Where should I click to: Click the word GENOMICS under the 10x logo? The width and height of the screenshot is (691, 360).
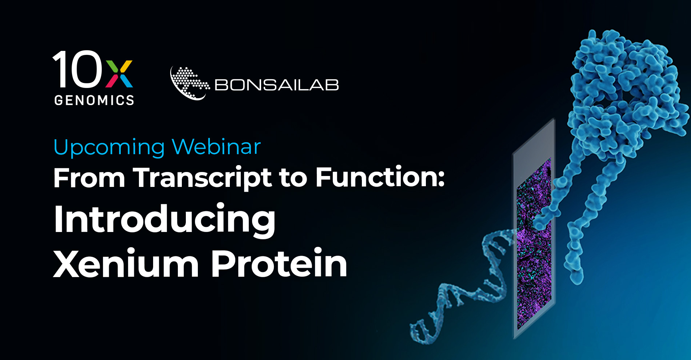pyautogui.click(x=94, y=100)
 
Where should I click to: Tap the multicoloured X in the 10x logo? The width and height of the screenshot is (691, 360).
pyautogui.click(x=119, y=74)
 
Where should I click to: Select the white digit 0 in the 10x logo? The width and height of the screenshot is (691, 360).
pyautogui.click(x=86, y=69)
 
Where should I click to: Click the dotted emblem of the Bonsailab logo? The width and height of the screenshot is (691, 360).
pyautogui.click(x=189, y=83)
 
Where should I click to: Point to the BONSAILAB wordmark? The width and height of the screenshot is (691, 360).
pyautogui.click(x=277, y=85)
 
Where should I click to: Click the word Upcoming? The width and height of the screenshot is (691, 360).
pyautogui.click(x=109, y=147)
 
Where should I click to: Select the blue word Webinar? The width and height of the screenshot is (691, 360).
pyautogui.click(x=216, y=147)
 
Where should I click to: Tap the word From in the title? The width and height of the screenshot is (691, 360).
pyautogui.click(x=89, y=178)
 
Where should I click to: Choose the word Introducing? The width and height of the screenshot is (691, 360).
pyautogui.click(x=165, y=220)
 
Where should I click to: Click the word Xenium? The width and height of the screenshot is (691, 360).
pyautogui.click(x=126, y=263)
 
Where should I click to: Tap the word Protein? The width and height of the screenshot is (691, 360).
pyautogui.click(x=279, y=263)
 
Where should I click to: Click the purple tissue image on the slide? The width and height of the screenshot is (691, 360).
pyautogui.click(x=534, y=244)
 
